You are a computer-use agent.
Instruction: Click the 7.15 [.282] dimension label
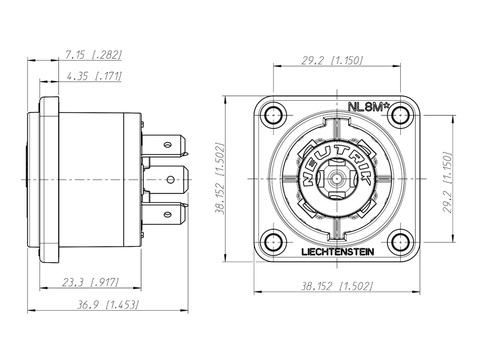pos(94,55)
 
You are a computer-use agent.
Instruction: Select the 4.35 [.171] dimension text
pos(94,76)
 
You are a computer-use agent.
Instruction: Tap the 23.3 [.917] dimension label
pos(91,282)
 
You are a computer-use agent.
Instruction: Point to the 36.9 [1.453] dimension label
pos(107,305)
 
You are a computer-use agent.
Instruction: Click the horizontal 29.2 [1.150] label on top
pos(332,61)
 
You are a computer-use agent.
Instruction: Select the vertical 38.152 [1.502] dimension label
pos(220,178)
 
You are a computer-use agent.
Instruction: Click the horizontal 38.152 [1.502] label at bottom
pos(337,286)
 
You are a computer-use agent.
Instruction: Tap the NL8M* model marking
pos(369,107)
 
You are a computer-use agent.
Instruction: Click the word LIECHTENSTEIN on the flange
pos(338,252)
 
